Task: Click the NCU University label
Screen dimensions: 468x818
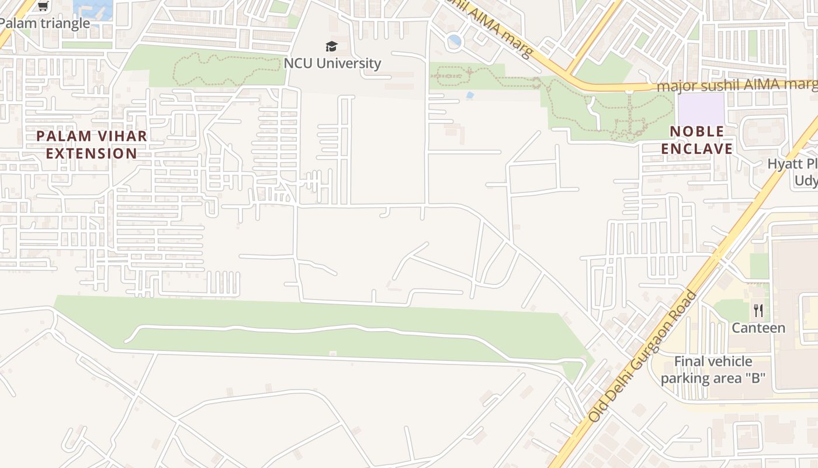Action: [332, 63]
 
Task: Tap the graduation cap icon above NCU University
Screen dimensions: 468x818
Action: [331, 46]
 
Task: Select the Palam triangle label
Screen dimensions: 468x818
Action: [44, 23]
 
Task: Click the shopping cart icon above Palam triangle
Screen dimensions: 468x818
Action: [43, 6]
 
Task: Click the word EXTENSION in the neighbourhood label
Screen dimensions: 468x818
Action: [92, 154]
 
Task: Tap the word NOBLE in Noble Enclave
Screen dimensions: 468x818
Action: [697, 131]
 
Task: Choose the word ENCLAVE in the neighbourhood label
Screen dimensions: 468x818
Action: [697, 149]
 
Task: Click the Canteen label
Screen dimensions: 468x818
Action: [758, 328]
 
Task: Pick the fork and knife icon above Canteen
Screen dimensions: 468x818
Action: [758, 310]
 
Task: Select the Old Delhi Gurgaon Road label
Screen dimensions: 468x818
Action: [643, 357]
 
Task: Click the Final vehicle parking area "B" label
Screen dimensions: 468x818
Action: [713, 370]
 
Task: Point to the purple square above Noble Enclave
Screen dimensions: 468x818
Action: [701, 108]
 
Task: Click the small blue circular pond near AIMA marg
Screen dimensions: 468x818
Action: [454, 42]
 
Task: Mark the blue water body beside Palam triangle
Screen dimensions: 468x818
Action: [93, 8]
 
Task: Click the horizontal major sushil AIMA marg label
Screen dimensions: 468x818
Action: [736, 85]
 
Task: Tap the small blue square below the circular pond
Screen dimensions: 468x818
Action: [470, 95]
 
